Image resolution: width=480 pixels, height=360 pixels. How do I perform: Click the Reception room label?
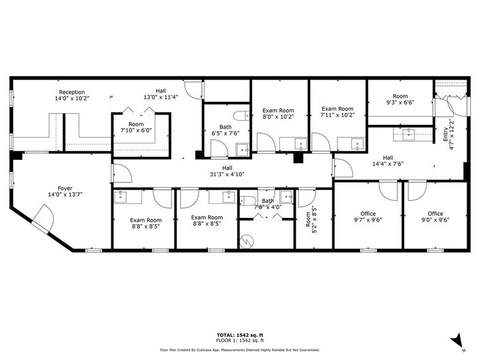point(72,96)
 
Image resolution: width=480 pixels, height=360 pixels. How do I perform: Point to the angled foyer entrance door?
point(42,219)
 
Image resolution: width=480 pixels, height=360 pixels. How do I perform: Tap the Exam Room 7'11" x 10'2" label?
point(337,111)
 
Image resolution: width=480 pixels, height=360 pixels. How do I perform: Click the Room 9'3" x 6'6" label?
point(400,99)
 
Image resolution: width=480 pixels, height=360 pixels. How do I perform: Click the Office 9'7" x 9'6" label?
point(367,217)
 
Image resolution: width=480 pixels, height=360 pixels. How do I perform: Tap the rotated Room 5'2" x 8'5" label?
point(312,219)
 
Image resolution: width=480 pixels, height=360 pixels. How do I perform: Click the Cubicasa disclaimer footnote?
point(239,350)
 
